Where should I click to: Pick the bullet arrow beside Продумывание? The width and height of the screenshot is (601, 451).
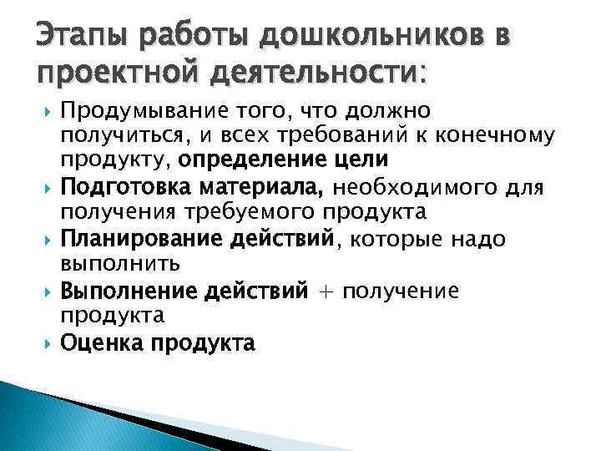pos(47,111)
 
